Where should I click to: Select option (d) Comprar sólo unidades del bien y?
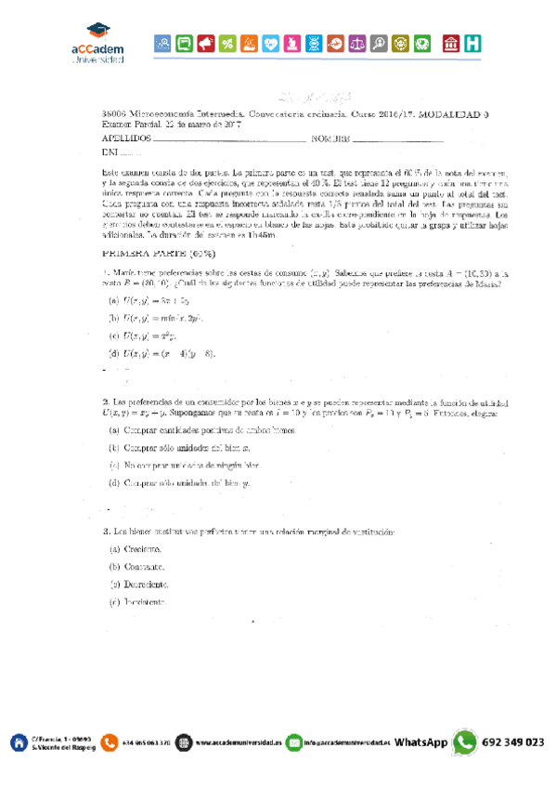point(180,483)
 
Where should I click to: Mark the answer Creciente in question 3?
point(136,549)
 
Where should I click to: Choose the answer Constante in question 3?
point(136,566)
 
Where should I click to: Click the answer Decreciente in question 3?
point(138,584)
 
